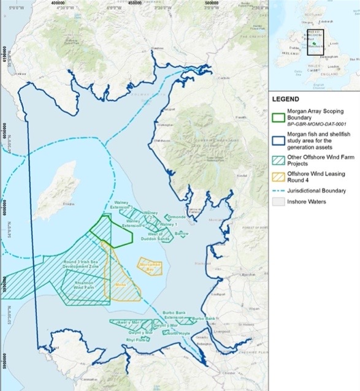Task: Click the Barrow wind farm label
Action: tap(182, 233)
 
